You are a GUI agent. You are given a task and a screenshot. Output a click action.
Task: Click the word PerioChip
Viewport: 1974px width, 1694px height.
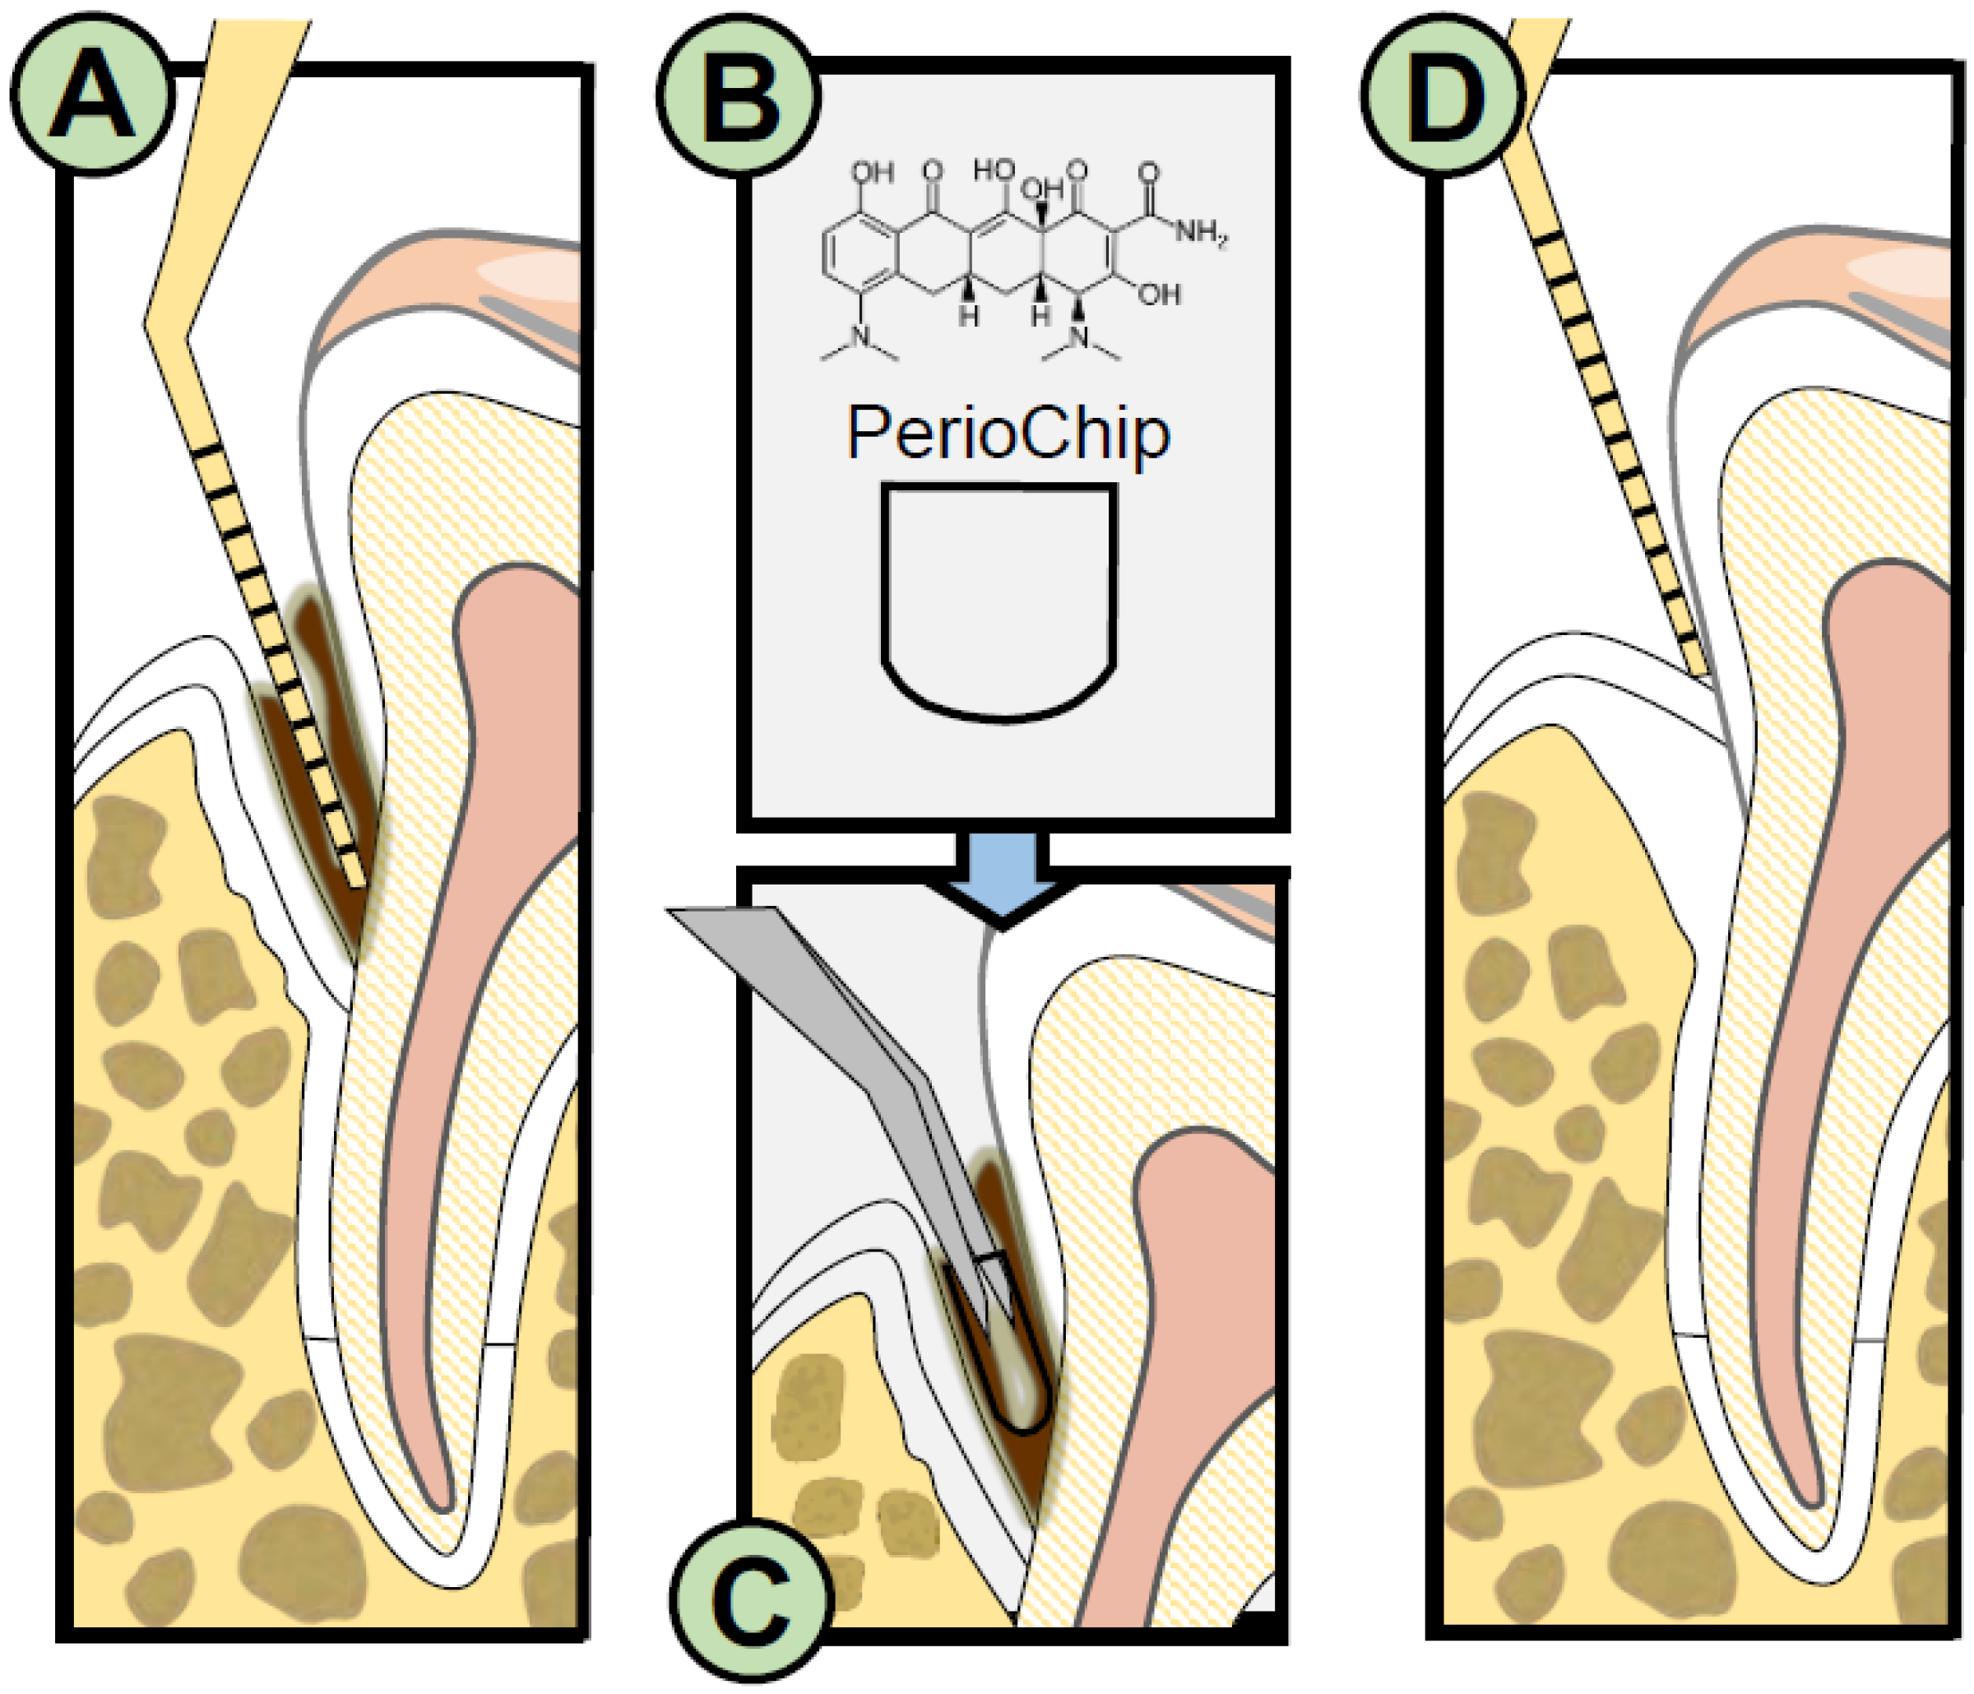tap(1008, 434)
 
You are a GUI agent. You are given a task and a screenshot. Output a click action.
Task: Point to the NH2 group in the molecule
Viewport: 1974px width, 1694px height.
tap(1198, 231)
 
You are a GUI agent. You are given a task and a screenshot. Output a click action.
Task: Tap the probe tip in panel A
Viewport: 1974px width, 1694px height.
tap(357, 881)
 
